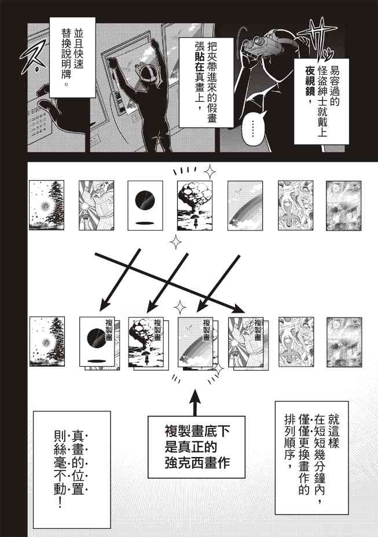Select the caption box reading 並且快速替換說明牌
point(72,57)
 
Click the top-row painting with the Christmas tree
point(46,205)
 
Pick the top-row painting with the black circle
point(145,206)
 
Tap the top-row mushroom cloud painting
point(194,206)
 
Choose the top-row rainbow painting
point(245,206)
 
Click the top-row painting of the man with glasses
point(96,205)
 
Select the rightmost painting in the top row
point(343,206)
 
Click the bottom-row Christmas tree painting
point(47,341)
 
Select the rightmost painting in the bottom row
point(344,342)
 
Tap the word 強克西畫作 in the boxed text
point(197,463)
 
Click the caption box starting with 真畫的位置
point(72,470)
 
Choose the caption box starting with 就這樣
point(311,458)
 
